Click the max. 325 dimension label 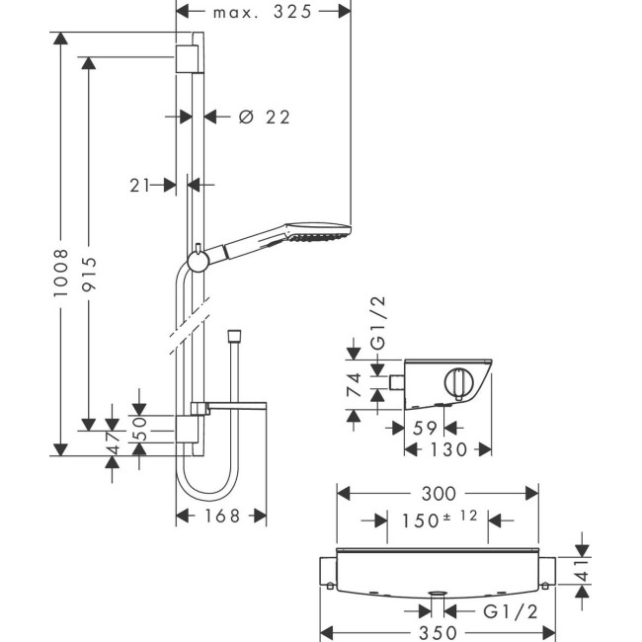point(262,12)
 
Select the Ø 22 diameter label point(265,117)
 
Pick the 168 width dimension point(221,516)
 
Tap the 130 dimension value point(448,449)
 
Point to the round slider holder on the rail point(197,261)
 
